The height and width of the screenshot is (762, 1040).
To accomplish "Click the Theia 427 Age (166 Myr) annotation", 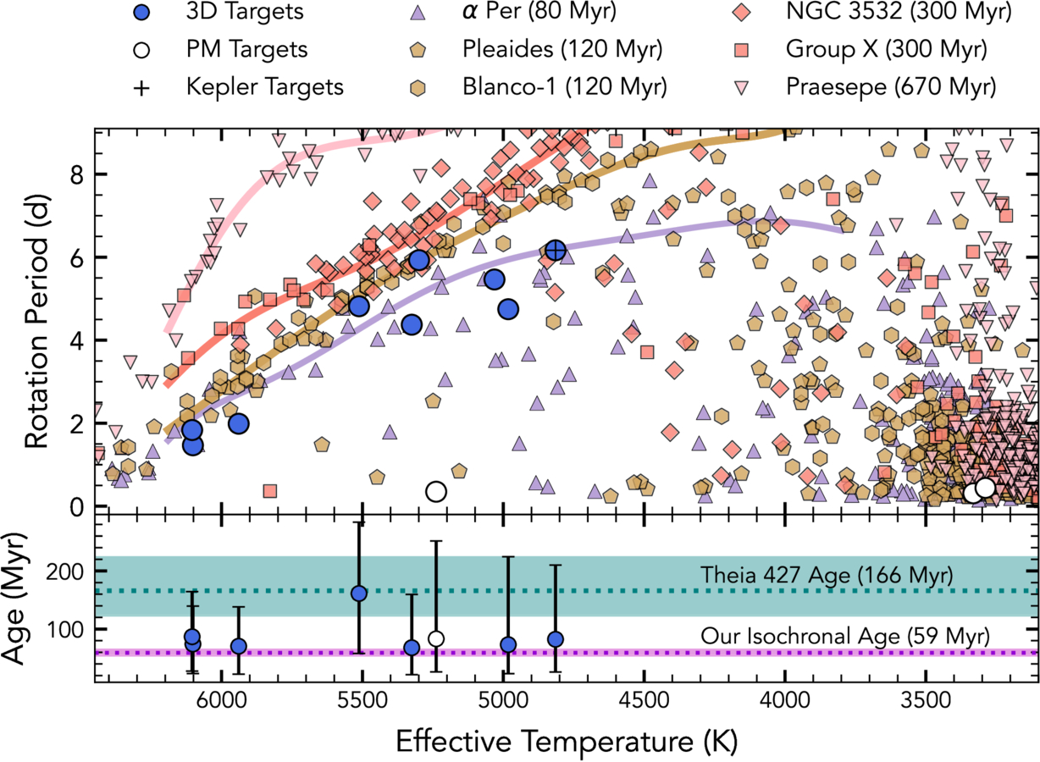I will [827, 575].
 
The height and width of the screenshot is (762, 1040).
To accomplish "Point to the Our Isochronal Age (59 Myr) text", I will [844, 636].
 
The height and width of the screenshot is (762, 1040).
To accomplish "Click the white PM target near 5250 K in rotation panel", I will [436, 491].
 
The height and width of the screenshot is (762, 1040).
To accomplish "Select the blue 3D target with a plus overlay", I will [555, 250].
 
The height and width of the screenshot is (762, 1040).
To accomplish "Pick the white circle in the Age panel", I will [436, 638].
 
